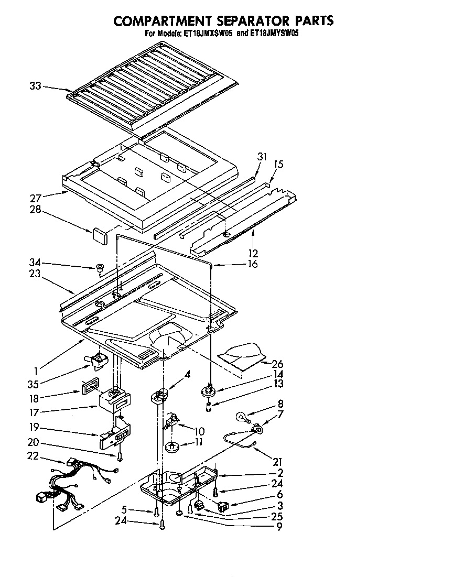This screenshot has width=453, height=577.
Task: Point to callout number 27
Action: tap(35, 199)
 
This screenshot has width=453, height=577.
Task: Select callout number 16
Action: tap(252, 264)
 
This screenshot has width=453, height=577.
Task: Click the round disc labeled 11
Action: tap(171, 447)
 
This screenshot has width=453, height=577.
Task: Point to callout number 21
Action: tap(277, 462)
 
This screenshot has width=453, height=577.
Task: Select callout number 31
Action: tap(262, 157)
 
